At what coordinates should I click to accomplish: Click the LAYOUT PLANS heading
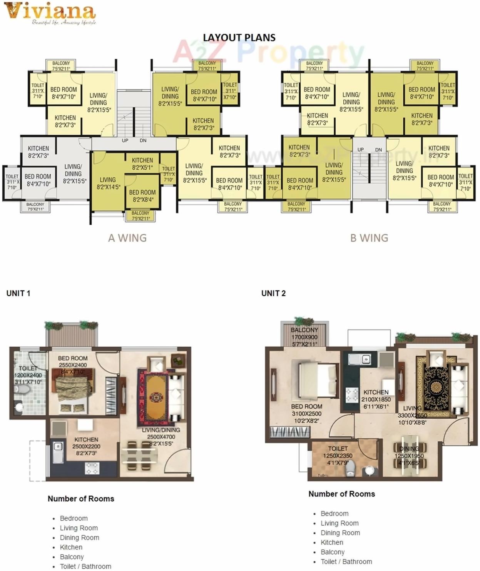click(239, 38)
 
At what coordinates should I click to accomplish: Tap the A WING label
click(127, 238)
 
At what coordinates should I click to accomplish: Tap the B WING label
click(369, 238)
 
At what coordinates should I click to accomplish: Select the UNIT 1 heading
click(18, 293)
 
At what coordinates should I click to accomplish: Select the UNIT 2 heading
click(273, 293)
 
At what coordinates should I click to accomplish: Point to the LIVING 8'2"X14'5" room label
click(108, 183)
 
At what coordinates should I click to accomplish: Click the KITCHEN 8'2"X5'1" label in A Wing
click(142, 164)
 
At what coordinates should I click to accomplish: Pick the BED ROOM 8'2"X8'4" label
click(142, 195)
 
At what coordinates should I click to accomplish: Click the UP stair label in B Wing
click(361, 150)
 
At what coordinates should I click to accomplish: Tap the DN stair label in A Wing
click(143, 141)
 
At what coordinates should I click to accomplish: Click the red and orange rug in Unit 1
click(156, 396)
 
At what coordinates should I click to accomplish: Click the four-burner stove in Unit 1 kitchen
click(92, 468)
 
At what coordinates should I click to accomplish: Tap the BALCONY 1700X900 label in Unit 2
click(304, 337)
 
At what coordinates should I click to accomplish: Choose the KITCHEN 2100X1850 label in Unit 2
click(376, 399)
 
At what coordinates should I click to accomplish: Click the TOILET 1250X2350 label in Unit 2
click(338, 455)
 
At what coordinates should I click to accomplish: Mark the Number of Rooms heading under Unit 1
click(81, 499)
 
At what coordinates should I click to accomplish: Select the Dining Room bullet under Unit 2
click(340, 533)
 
